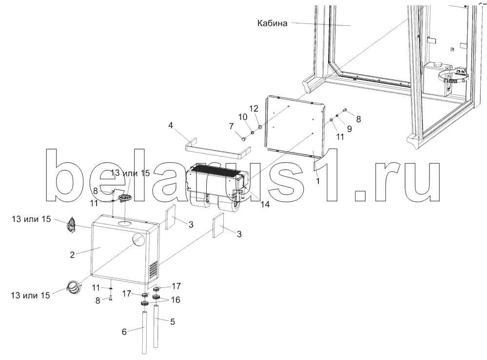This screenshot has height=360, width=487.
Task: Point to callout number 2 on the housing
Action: coord(72,254)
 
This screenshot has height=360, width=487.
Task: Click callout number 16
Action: coord(175,300)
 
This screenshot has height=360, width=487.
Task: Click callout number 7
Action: coord(231,126)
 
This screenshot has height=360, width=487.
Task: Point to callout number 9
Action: coord(349,128)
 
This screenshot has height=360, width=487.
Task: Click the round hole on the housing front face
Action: coord(139,240)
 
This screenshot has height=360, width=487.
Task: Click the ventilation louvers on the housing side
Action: coord(153,269)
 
